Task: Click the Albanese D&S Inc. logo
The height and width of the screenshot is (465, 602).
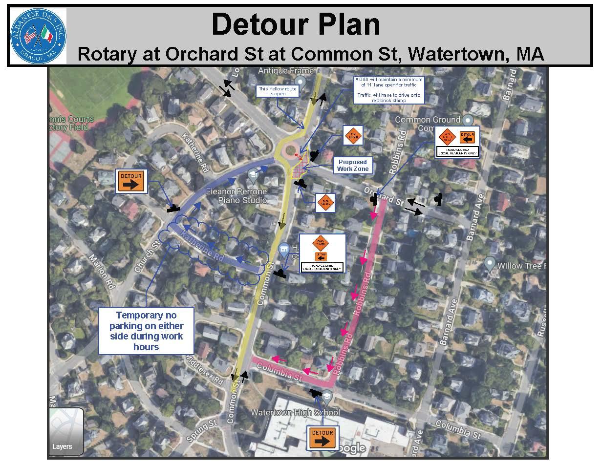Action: click(38, 36)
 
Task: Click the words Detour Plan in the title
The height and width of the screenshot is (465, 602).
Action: click(296, 24)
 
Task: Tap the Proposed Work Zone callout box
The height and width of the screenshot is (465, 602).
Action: click(352, 165)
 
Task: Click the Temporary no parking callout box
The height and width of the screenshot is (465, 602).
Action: click(147, 331)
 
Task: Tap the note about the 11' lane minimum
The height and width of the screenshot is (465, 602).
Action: click(389, 89)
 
